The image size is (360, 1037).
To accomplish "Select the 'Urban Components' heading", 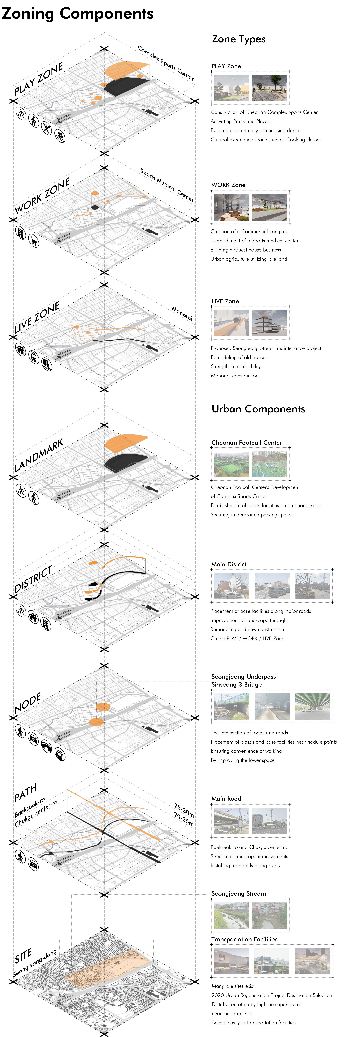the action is pyautogui.click(x=258, y=409).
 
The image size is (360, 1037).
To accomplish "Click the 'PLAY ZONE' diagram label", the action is pyautogui.click(x=39, y=79).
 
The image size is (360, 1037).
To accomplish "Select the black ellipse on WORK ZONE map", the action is pyautogui.click(x=95, y=207).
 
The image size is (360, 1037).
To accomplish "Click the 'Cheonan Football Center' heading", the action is pyautogui.click(x=246, y=442).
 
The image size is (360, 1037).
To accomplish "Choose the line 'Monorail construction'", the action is pyautogui.click(x=234, y=376).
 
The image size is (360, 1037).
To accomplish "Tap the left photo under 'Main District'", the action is pyautogui.click(x=232, y=586).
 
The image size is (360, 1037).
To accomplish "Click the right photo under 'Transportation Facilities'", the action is pyautogui.click(x=313, y=961).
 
